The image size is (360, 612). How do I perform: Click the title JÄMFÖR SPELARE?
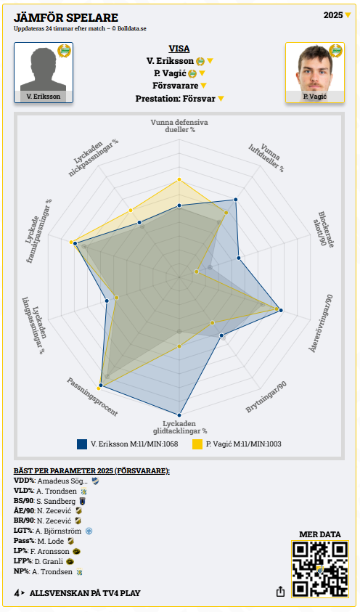click(66, 17)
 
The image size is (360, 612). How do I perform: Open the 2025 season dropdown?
click(337, 15)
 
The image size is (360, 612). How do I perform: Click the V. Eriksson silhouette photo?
click(44, 73)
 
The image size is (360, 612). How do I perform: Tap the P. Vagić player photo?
click(315, 73)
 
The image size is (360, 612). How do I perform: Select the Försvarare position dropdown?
click(179, 86)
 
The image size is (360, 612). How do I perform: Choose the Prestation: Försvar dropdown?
click(179, 99)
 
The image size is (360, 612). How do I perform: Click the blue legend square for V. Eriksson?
click(82, 444)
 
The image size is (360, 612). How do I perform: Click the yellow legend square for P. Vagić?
click(197, 444)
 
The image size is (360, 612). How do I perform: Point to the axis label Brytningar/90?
click(266, 397)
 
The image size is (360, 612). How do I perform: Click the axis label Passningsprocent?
click(92, 397)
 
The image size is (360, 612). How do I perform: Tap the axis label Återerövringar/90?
click(322, 324)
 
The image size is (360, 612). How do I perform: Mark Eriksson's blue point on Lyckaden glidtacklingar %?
click(179, 415)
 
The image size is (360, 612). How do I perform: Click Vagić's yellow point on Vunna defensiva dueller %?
click(179, 179)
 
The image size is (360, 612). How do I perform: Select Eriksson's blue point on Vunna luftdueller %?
click(236, 200)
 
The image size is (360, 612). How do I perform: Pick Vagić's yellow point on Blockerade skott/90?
click(197, 272)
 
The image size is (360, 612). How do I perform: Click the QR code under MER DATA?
click(320, 569)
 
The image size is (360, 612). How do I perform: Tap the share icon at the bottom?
click(280, 592)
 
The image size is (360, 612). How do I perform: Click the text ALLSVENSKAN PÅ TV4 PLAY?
click(85, 593)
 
